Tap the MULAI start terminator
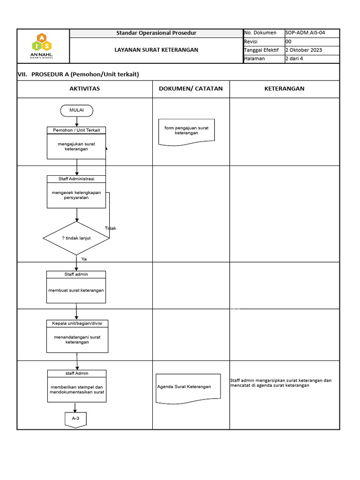click(x=76, y=110)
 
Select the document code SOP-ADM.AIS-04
click(x=305, y=33)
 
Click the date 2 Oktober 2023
click(x=304, y=50)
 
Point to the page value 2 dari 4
click(x=294, y=59)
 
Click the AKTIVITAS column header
click(x=84, y=89)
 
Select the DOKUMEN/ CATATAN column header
click(x=191, y=89)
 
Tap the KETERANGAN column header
click(x=284, y=89)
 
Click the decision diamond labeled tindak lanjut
click(x=76, y=238)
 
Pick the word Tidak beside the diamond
click(x=111, y=228)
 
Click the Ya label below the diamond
click(x=84, y=259)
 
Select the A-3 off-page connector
click(x=75, y=419)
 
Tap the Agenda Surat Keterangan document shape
click(x=187, y=388)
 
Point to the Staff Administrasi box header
click(x=76, y=179)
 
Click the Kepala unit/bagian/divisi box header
click(x=77, y=323)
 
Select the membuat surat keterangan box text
click(x=76, y=290)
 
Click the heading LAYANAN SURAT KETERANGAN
click(x=156, y=50)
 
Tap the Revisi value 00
click(x=288, y=41)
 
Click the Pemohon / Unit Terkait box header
click(x=76, y=130)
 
